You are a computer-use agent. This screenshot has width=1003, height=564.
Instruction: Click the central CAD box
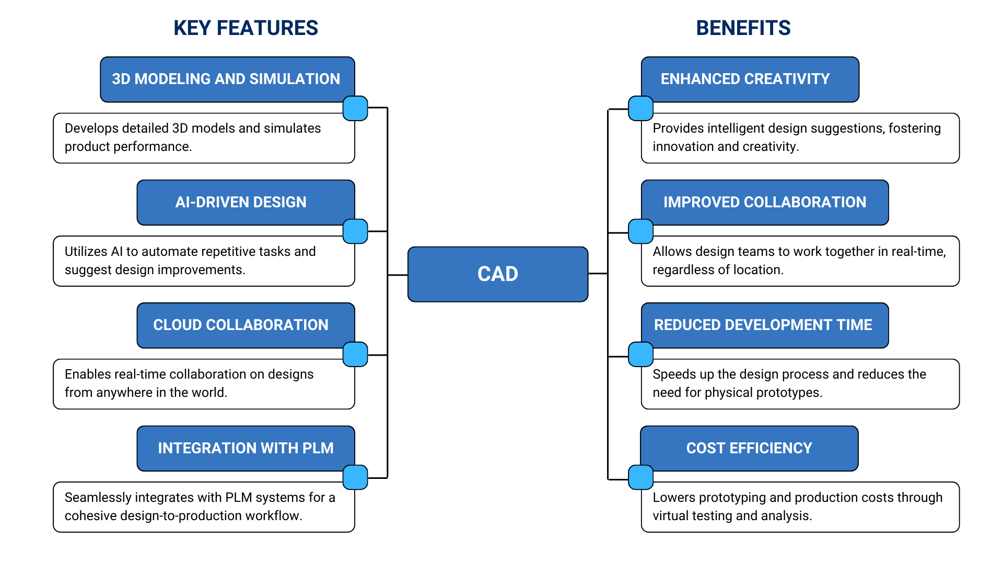(x=497, y=274)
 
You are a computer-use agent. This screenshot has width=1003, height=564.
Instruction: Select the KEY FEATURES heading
(x=246, y=28)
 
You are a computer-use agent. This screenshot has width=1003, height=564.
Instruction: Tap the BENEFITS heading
(x=743, y=28)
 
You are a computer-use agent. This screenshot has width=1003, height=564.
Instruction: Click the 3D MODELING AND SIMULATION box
(x=227, y=79)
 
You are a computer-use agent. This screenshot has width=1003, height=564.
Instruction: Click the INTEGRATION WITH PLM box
(x=246, y=448)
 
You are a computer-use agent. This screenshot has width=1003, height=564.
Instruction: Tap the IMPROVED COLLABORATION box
(x=764, y=202)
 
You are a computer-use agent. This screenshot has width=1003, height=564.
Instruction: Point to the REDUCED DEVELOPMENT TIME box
(x=764, y=325)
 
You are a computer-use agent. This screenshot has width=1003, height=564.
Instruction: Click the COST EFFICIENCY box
(x=749, y=448)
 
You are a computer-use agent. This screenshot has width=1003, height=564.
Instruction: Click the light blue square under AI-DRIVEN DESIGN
(x=355, y=231)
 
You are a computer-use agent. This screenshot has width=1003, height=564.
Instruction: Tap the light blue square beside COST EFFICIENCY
(x=640, y=477)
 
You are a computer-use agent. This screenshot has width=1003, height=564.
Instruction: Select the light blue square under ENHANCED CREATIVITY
(x=640, y=109)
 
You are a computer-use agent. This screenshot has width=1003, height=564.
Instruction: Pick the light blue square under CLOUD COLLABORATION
(x=355, y=355)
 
